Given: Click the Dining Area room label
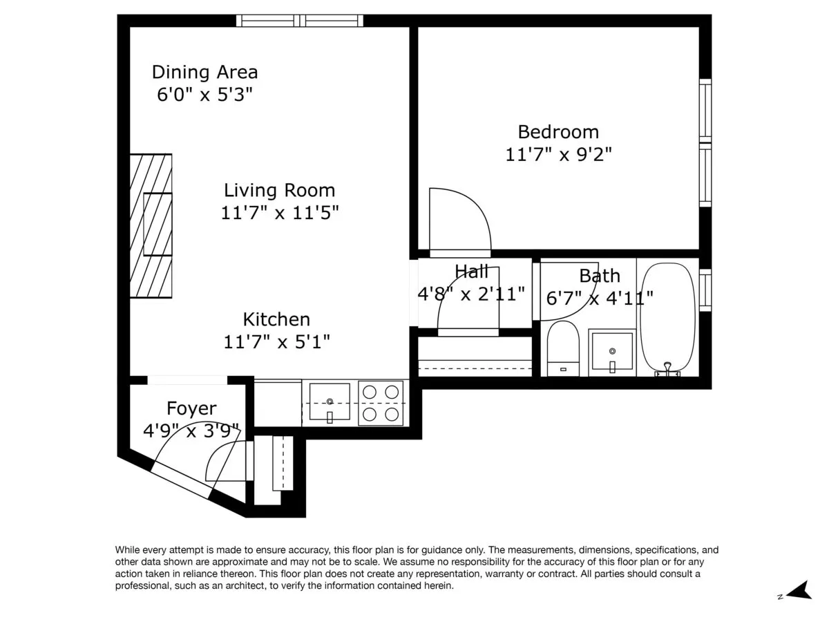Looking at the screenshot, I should pyautogui.click(x=204, y=72).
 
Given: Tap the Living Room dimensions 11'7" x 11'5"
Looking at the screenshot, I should pyautogui.click(x=280, y=213).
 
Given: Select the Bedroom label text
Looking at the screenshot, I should pyautogui.click(x=558, y=131).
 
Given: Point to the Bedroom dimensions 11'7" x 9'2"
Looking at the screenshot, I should pyautogui.click(x=558, y=154).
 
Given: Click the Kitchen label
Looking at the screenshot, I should pyautogui.click(x=276, y=319).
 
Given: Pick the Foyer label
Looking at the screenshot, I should pyautogui.click(x=191, y=408).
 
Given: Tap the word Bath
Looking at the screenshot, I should pyautogui.click(x=599, y=276).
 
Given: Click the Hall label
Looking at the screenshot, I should pyautogui.click(x=472, y=272).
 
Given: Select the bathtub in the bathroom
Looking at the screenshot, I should pyautogui.click(x=667, y=319).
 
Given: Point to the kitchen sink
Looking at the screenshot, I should pyautogui.click(x=330, y=403).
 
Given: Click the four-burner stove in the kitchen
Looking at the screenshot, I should pyautogui.click(x=382, y=403).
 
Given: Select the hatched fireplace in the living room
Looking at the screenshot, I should pyautogui.click(x=151, y=225).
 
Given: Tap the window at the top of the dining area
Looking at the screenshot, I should pyautogui.click(x=300, y=21).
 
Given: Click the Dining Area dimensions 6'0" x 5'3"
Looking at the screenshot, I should pyautogui.click(x=200, y=95).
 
